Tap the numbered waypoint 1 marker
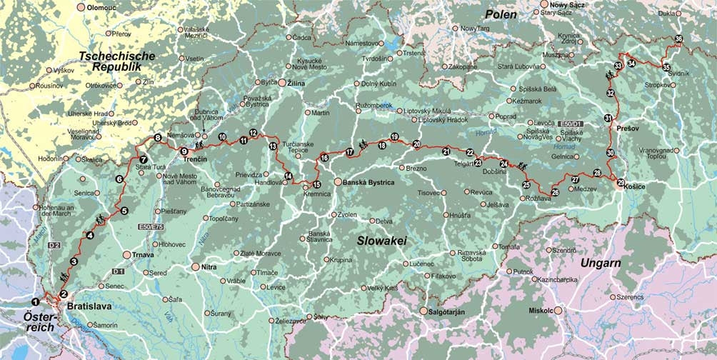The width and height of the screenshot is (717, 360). coord(36,301)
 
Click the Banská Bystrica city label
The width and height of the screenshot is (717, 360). coord(368,182)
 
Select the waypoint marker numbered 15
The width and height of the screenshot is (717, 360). coord(316,184)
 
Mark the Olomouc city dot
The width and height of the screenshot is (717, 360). coord(81,6)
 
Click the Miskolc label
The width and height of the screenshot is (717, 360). coord(540,311)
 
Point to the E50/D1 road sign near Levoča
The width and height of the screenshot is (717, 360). coord(571,124)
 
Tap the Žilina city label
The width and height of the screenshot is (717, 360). coord(300,83)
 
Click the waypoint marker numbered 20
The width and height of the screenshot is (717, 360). coord(416,144)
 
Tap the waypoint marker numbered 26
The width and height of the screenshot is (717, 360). coord(555,191)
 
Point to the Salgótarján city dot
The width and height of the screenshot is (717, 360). coord(423,311)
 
